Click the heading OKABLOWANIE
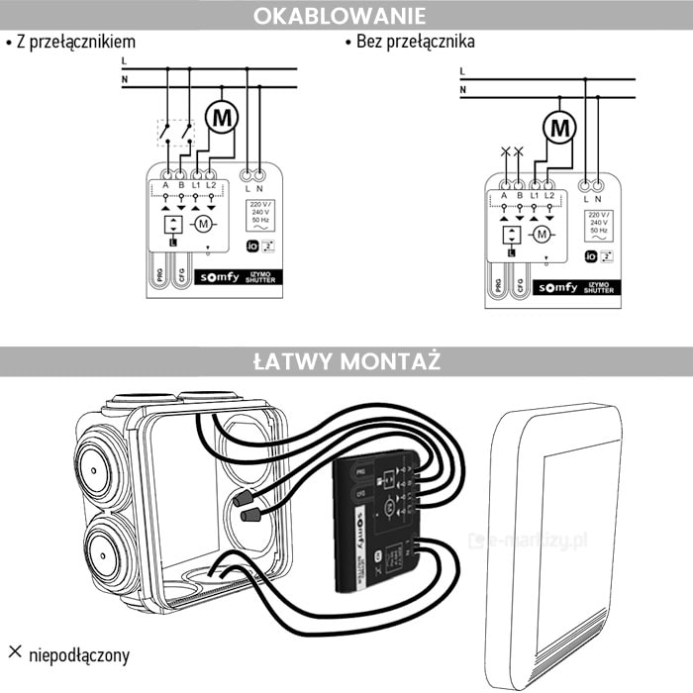[x=340, y=16]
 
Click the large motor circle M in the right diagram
[x=561, y=127]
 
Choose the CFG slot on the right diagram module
[x=519, y=283]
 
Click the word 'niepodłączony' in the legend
[x=79, y=654]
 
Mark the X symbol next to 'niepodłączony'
[x=15, y=652]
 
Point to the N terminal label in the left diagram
[x=260, y=186]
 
